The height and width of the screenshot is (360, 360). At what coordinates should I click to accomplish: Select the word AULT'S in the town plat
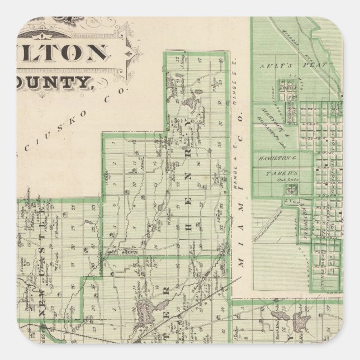coord(271,66)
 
